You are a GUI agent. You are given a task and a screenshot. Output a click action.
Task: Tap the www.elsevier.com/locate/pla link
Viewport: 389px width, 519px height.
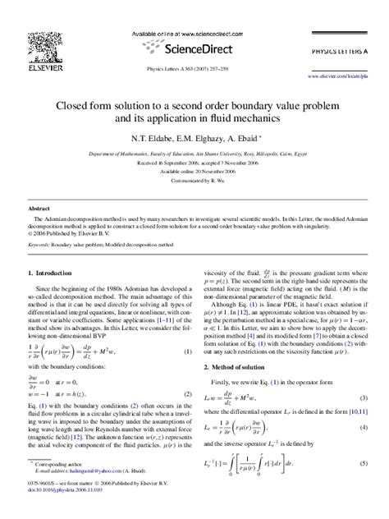pyautogui.click(x=342, y=76)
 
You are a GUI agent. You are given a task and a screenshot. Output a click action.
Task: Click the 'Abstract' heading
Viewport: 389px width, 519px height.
pyautogui.click(x=39, y=209)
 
